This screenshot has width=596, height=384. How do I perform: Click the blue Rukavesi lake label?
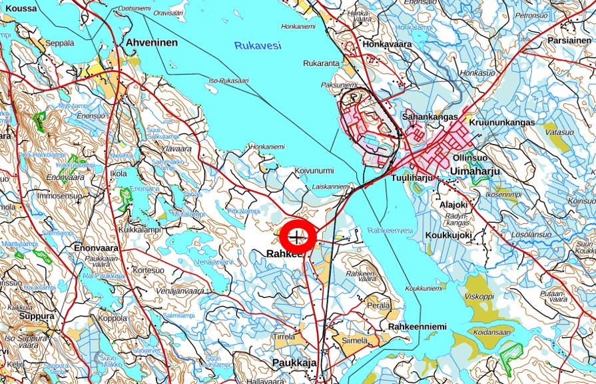[258, 45]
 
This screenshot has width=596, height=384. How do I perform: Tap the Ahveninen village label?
[152, 43]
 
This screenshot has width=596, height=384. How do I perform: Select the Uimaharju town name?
[475, 171]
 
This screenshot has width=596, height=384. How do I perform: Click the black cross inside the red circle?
[297, 237]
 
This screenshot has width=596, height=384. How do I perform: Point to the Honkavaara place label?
[387, 44]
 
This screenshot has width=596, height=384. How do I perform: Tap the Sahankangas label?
[430, 117]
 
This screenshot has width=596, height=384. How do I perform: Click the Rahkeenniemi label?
[418, 326]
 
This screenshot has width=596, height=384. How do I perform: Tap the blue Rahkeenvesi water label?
[390, 230]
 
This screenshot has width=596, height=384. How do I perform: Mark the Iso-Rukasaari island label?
[228, 81]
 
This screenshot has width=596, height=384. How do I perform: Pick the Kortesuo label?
[148, 271]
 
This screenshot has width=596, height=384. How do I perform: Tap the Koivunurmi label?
[314, 171]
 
